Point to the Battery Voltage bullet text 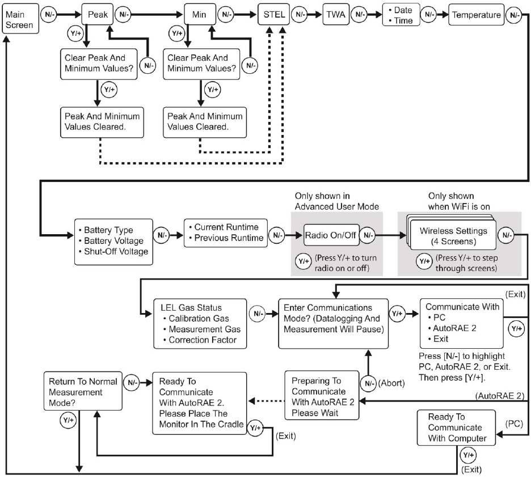click(113, 241)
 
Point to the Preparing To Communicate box click(322, 395)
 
